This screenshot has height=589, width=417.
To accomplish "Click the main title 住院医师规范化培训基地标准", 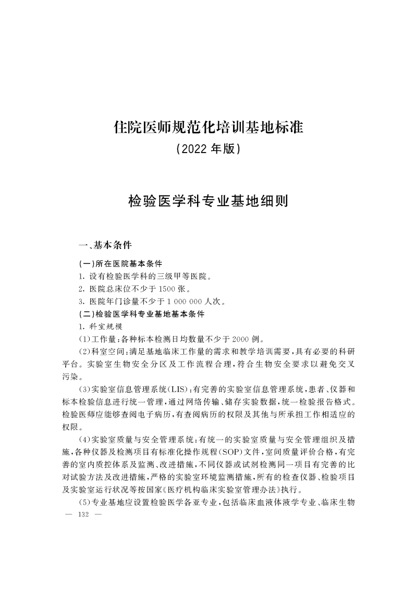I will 208,127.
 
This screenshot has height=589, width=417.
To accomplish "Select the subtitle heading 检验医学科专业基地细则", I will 208,201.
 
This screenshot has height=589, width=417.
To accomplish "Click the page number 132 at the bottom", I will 84,515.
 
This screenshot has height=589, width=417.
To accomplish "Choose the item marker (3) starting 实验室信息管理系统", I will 84,390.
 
